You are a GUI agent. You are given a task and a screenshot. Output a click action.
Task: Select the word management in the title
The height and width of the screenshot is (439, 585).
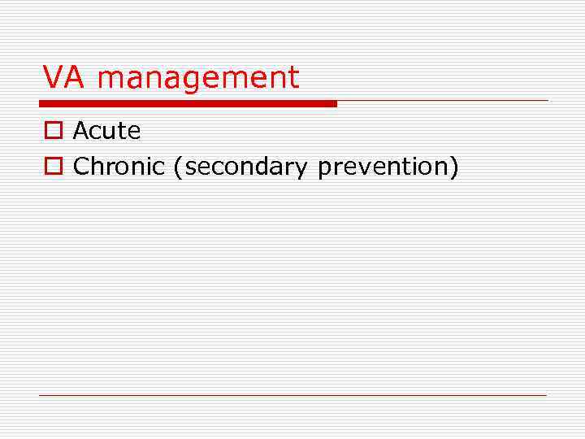pos(198,79)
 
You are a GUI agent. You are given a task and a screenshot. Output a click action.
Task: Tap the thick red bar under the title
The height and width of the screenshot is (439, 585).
pos(188,104)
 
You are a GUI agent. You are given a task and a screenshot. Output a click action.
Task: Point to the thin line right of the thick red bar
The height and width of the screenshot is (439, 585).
pos(443,101)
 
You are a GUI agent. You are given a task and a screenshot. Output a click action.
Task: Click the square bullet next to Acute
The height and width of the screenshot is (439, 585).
pos(53,131)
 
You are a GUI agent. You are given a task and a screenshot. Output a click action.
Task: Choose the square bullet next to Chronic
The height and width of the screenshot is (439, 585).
pos(53,167)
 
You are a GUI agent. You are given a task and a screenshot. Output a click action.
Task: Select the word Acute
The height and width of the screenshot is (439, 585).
pos(106,130)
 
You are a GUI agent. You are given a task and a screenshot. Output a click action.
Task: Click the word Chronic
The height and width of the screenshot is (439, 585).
pos(119,166)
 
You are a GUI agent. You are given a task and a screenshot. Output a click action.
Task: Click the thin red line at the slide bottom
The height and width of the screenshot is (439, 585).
pos(292,395)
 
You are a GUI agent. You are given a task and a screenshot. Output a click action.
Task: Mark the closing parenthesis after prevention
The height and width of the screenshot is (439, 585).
pos(455,167)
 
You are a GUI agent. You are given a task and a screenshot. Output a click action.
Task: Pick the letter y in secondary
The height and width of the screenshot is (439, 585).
pos(302,169)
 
